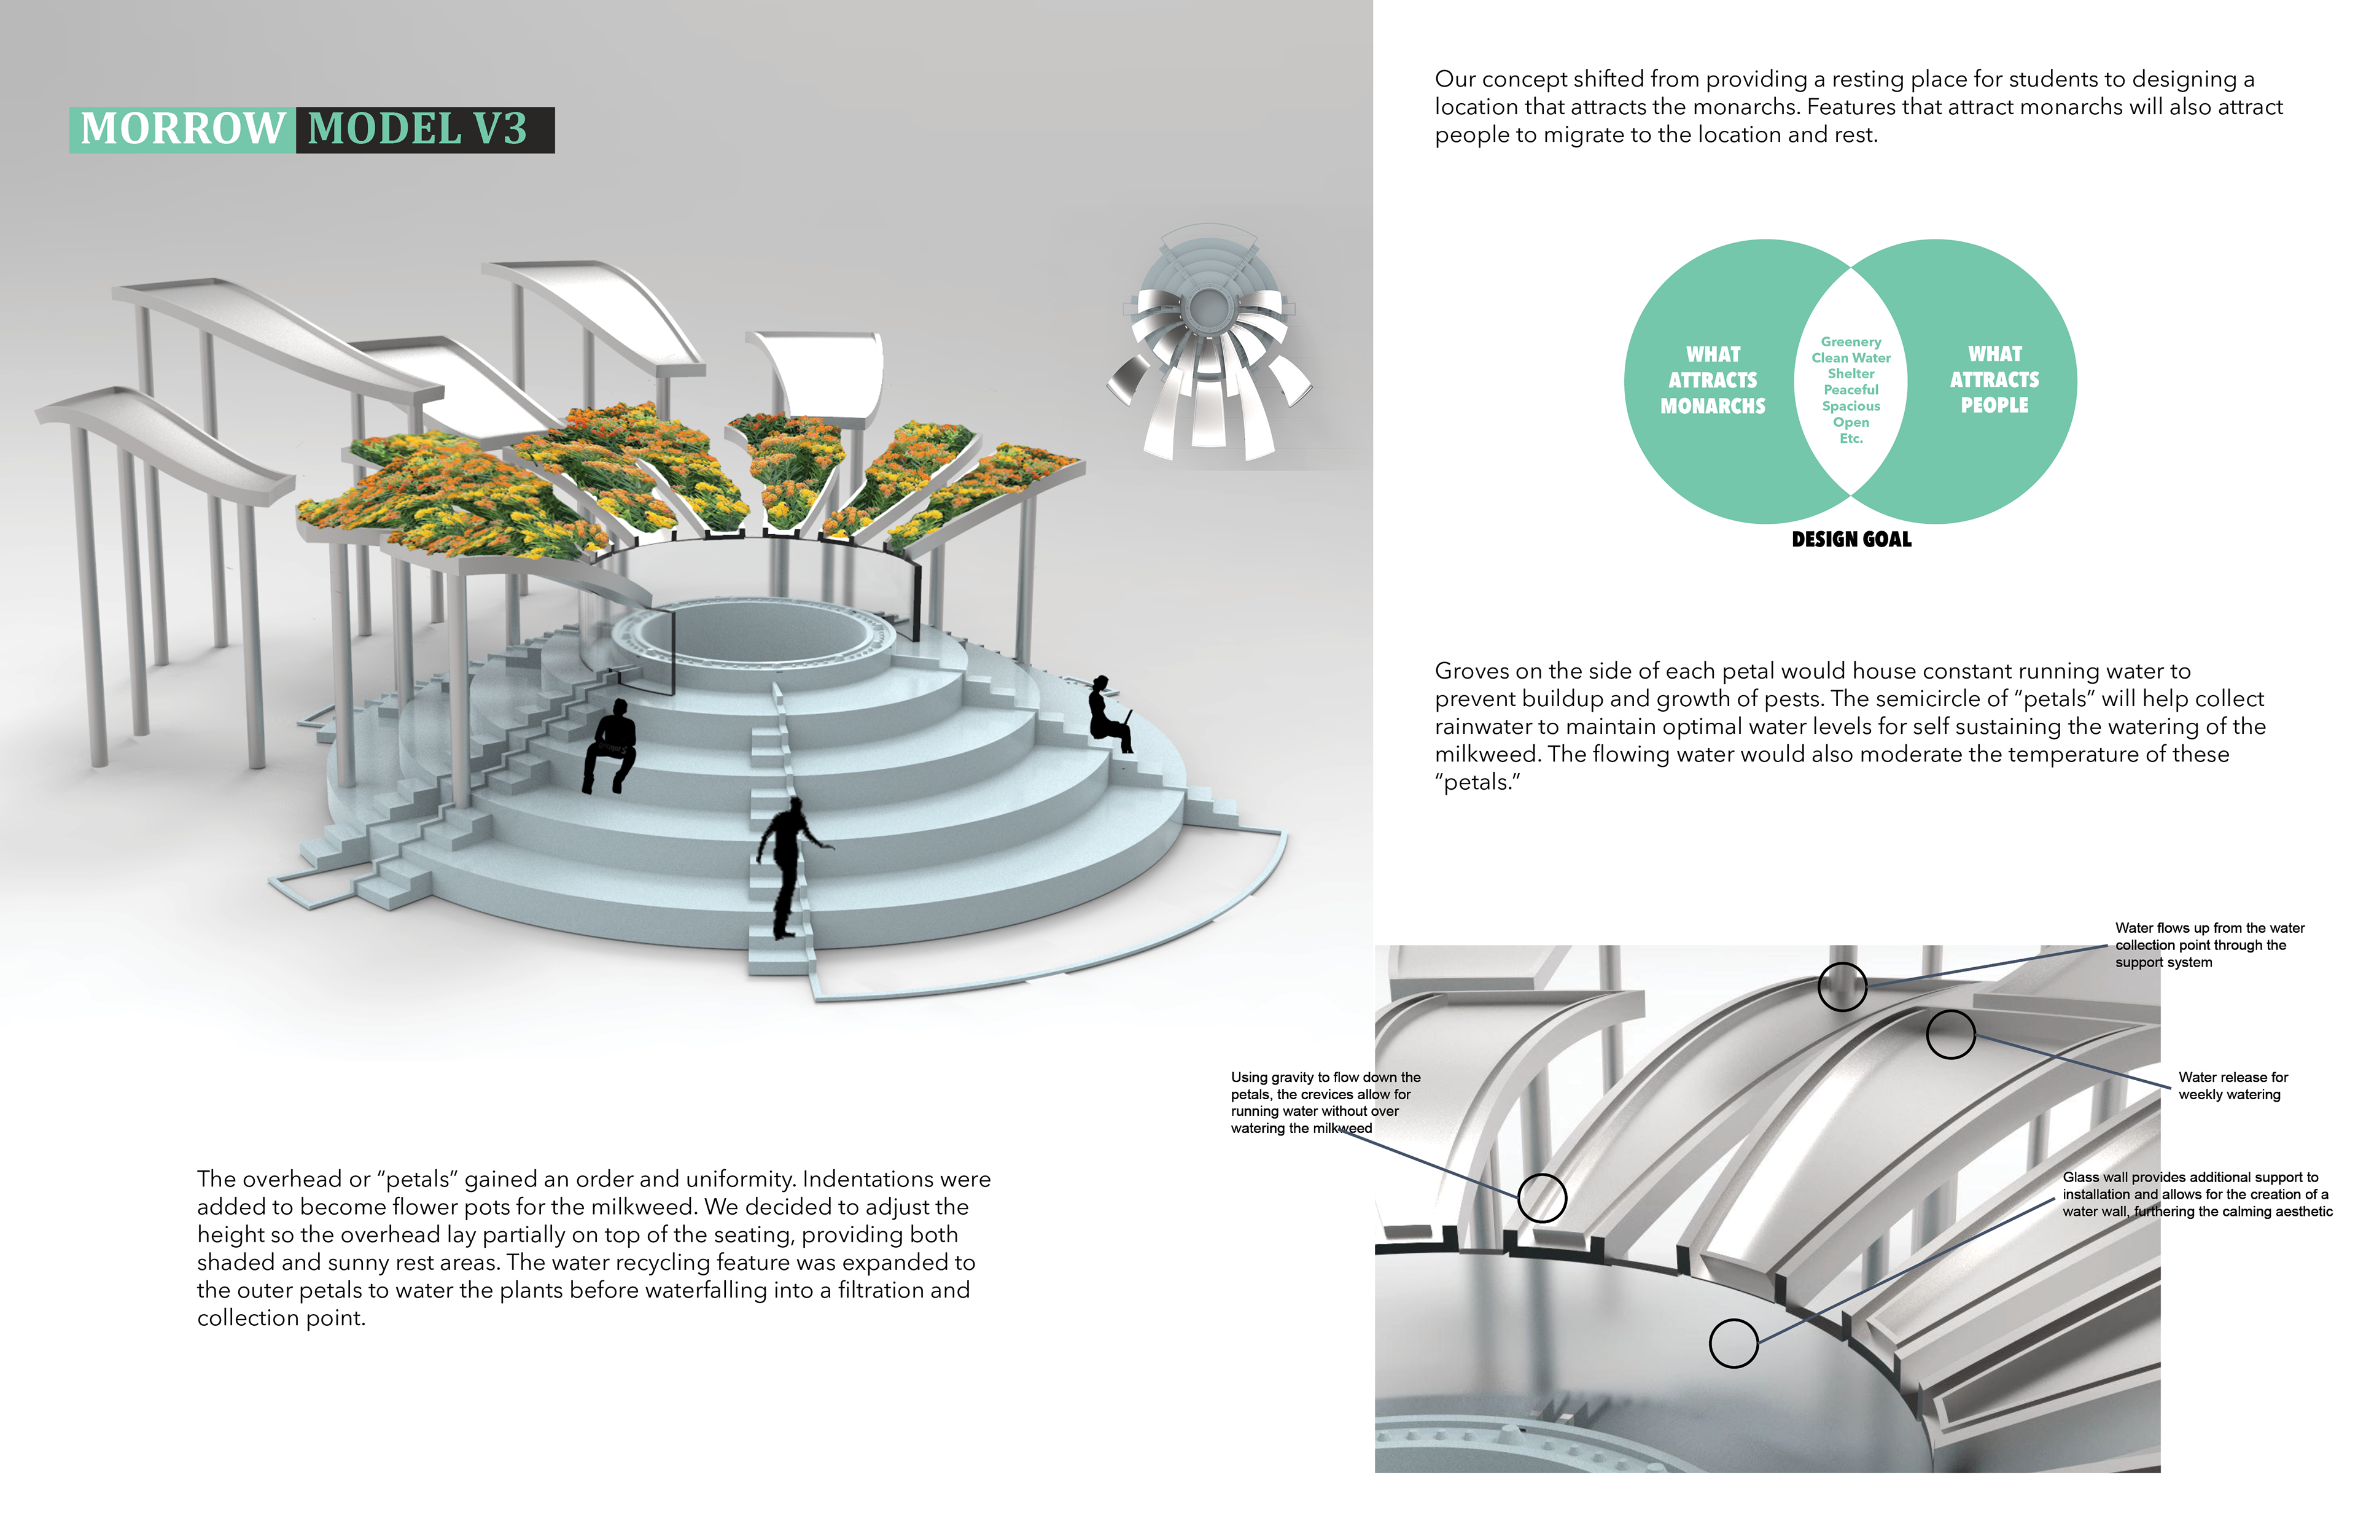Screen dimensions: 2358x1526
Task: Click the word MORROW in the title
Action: point(182,130)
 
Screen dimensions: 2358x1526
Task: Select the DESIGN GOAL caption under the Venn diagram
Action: point(1851,539)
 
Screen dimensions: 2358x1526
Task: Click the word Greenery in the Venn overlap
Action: point(1851,342)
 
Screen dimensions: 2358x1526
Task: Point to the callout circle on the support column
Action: point(1842,986)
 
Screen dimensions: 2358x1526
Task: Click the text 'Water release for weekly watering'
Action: point(2233,1086)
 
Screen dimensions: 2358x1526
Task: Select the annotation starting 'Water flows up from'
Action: point(2209,945)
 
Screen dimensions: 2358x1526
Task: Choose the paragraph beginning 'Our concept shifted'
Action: point(1858,107)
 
